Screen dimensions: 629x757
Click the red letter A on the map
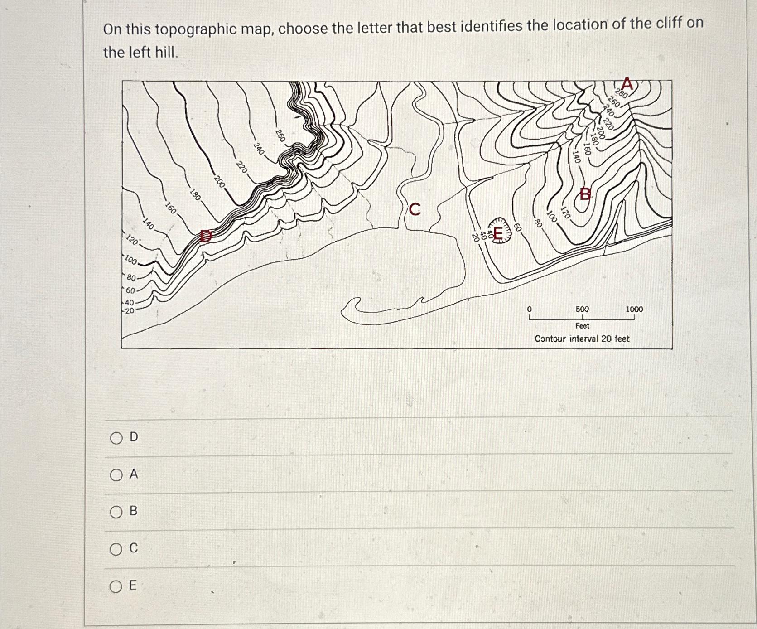coord(627,83)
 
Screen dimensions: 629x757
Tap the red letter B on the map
coord(586,194)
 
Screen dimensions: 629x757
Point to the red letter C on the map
coord(415,209)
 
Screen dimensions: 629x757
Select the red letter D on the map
coord(206,236)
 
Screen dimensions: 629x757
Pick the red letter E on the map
coord(497,234)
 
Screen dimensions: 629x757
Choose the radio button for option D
coord(116,438)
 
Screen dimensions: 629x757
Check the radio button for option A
coord(116,475)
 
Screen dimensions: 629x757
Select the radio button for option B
coord(116,512)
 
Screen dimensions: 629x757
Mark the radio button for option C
coord(116,549)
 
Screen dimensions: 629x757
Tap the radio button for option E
coord(116,587)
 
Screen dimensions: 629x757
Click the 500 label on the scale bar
coord(582,309)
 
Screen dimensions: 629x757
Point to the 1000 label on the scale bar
coord(634,309)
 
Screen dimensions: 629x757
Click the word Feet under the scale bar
coord(582,326)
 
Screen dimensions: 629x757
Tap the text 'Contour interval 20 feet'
coord(582,339)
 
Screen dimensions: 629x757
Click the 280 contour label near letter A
coord(621,94)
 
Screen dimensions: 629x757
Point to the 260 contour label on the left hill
coord(280,135)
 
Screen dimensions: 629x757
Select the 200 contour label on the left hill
coord(219,181)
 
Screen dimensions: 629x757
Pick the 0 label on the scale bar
coord(529,309)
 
